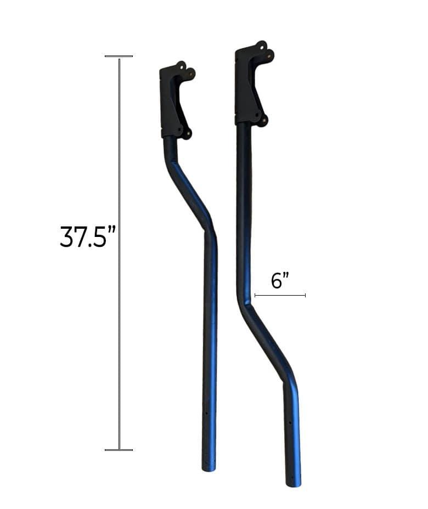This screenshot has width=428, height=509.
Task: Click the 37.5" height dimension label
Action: (88, 237)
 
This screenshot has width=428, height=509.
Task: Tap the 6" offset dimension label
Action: (280, 280)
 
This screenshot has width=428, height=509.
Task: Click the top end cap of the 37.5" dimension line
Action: (119, 56)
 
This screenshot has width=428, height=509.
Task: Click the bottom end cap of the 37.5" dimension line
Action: (119, 450)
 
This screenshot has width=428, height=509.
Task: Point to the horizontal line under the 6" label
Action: (280, 295)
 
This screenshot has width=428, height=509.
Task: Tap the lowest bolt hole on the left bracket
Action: (187, 133)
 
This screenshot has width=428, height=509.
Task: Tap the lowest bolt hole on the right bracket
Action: (263, 120)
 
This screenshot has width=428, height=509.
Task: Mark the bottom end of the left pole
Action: (209, 467)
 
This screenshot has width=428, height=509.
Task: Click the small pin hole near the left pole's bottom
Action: (206, 413)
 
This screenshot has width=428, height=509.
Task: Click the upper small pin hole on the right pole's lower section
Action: (289, 422)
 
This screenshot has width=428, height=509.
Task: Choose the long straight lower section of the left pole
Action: (210, 340)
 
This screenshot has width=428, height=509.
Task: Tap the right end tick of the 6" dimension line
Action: (305, 295)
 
